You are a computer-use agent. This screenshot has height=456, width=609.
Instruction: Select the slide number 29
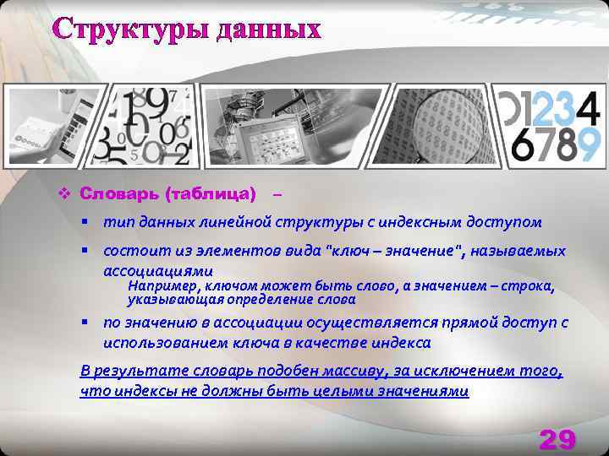(557, 440)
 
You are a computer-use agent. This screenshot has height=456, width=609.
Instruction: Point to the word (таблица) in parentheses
(211, 195)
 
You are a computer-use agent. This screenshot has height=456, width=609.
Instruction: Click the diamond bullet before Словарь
(62, 195)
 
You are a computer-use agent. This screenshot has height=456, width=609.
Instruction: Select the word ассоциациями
(158, 271)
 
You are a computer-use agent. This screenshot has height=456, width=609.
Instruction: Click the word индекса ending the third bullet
(400, 343)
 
